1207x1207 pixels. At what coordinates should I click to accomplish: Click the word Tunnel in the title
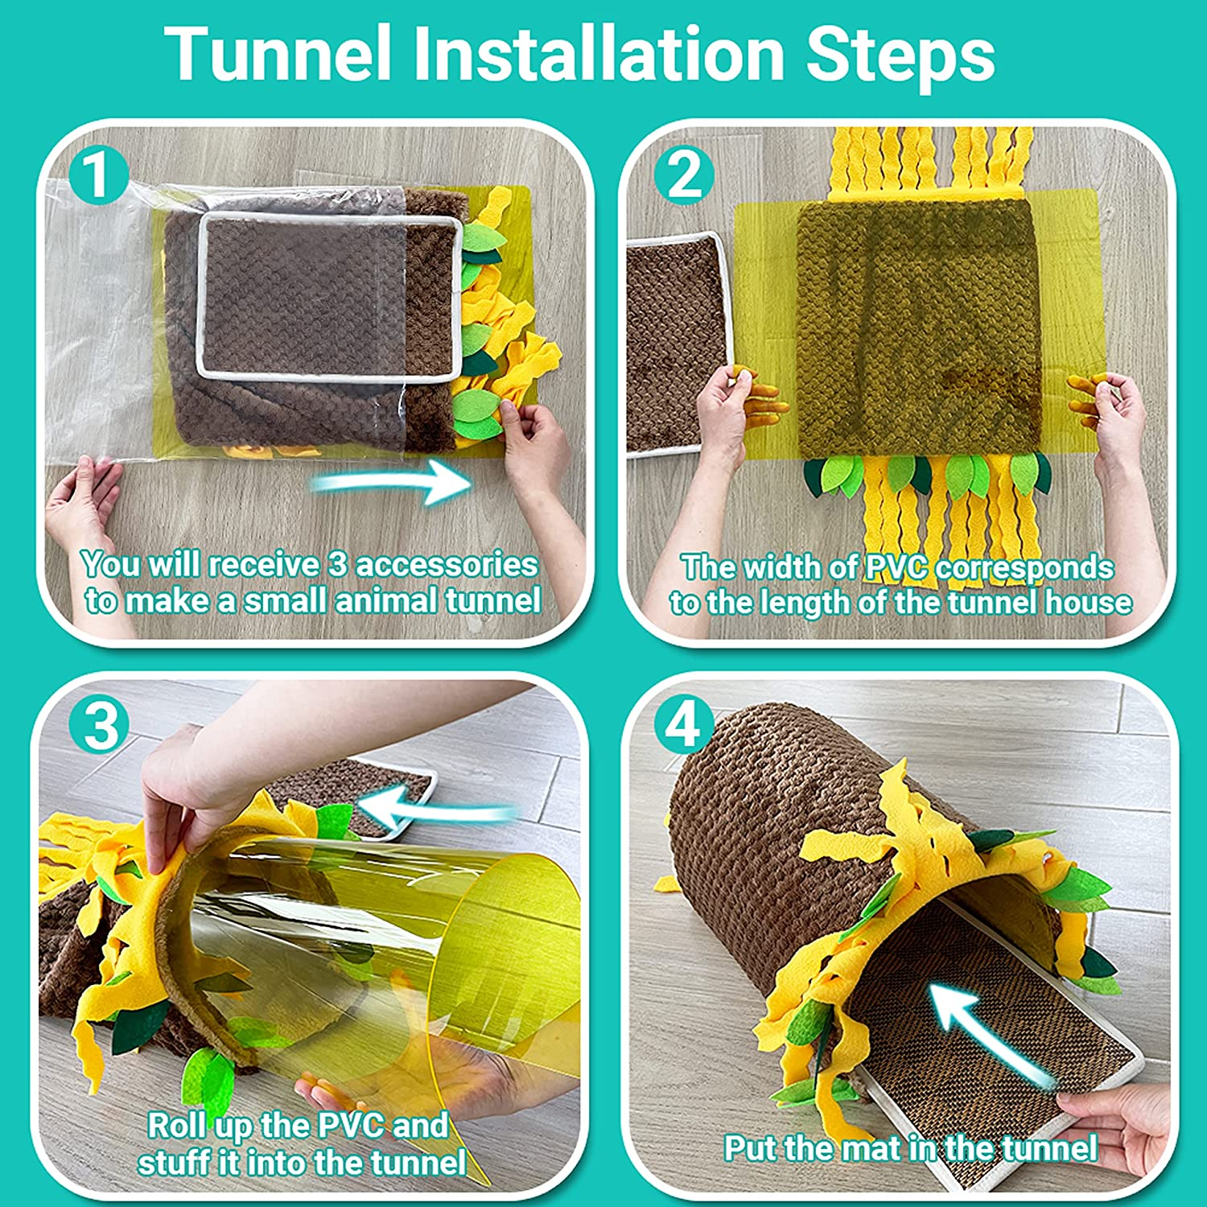click(278, 54)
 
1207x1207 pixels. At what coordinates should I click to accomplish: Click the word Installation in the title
click(599, 54)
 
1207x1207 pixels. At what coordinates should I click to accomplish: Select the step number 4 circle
click(683, 724)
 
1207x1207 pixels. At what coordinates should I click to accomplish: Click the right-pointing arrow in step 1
click(392, 482)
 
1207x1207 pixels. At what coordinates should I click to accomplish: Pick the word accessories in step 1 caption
click(446, 565)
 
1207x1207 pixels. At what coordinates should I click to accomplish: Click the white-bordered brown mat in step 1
click(326, 294)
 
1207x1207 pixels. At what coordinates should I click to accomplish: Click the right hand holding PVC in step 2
click(1118, 418)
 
